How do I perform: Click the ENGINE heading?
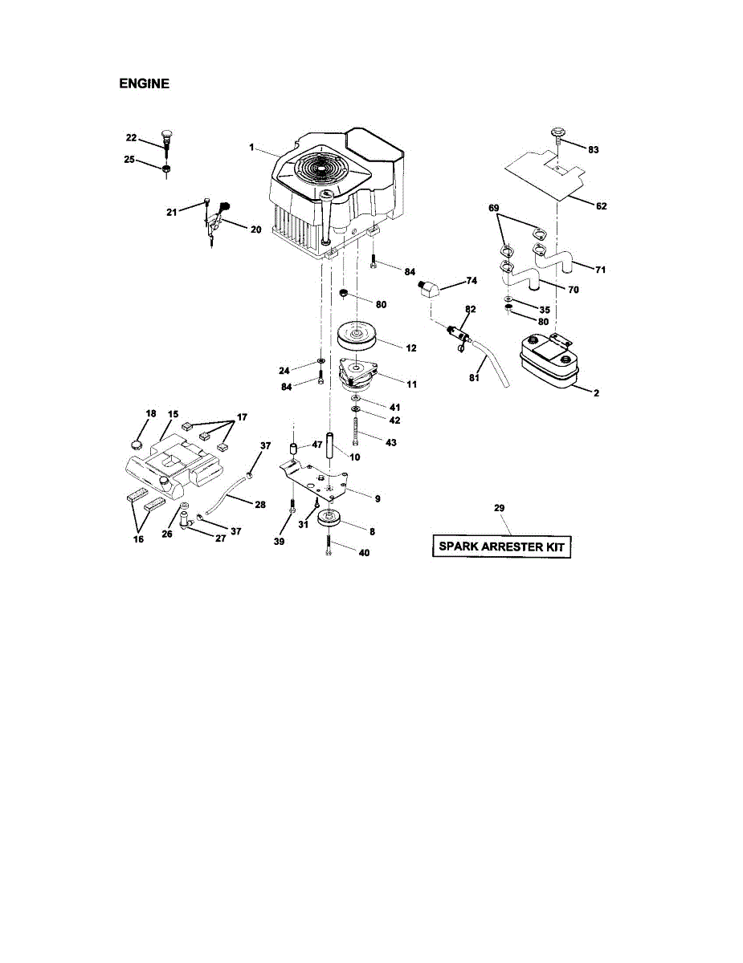coord(144,83)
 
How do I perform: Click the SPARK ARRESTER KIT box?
coord(501,548)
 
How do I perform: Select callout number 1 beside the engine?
coord(251,148)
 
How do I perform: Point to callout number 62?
coord(602,206)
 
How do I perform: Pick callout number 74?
coord(472,282)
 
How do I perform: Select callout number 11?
coord(411,384)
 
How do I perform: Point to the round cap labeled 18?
coord(136,441)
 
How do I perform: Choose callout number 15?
coord(173,414)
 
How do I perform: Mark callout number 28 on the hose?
coord(259,504)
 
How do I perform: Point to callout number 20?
coord(255,230)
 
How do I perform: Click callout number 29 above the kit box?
coord(499,509)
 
